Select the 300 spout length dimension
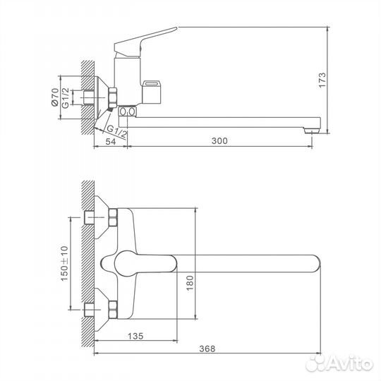(x=219, y=141)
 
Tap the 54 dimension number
(x=110, y=141)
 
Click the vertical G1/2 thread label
(x=66, y=95)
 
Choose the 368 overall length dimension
(x=206, y=349)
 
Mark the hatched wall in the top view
(x=87, y=261)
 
